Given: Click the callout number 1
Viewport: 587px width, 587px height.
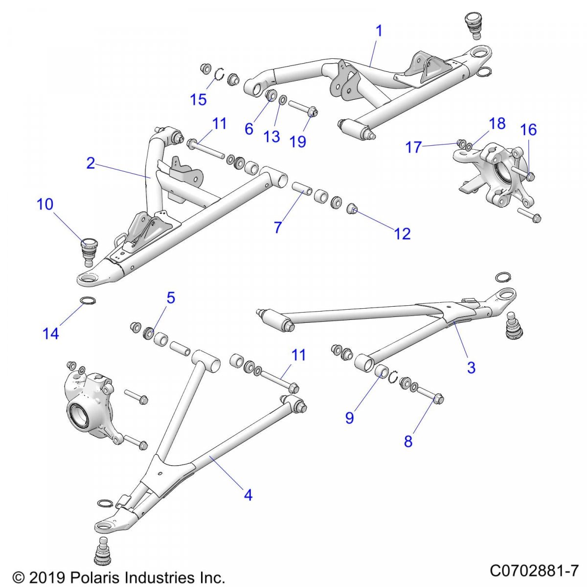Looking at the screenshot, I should [379, 31].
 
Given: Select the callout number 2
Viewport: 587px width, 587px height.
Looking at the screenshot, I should [90, 163].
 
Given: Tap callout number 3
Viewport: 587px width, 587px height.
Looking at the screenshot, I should [471, 367].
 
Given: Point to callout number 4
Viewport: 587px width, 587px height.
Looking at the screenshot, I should [248, 495].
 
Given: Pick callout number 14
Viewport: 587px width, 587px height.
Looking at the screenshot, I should [51, 334].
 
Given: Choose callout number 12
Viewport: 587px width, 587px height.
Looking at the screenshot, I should [402, 234].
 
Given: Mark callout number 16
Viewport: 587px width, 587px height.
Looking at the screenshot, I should [528, 130].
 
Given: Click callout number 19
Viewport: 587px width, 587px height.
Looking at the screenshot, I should [297, 141].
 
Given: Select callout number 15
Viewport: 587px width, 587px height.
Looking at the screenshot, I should [198, 100].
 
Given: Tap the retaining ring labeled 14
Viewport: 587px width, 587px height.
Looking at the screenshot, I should [87, 300].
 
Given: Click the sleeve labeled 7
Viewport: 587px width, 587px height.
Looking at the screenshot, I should [300, 188].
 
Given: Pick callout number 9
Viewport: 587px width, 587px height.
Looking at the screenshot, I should [349, 418].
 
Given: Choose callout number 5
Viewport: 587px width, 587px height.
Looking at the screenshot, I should [170, 298].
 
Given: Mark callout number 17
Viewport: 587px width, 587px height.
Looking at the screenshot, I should [413, 146].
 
